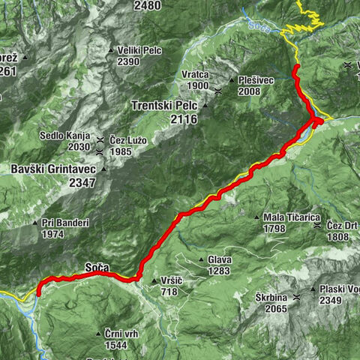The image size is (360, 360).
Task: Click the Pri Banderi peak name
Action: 65,223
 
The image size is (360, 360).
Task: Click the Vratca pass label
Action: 194,75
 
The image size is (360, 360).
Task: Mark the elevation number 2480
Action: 147,5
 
